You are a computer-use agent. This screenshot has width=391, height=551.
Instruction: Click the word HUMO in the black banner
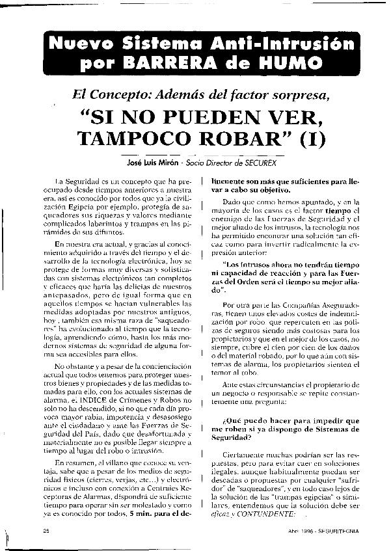tap(291, 64)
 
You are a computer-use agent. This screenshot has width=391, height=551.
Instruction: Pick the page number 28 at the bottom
tap(46, 530)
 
